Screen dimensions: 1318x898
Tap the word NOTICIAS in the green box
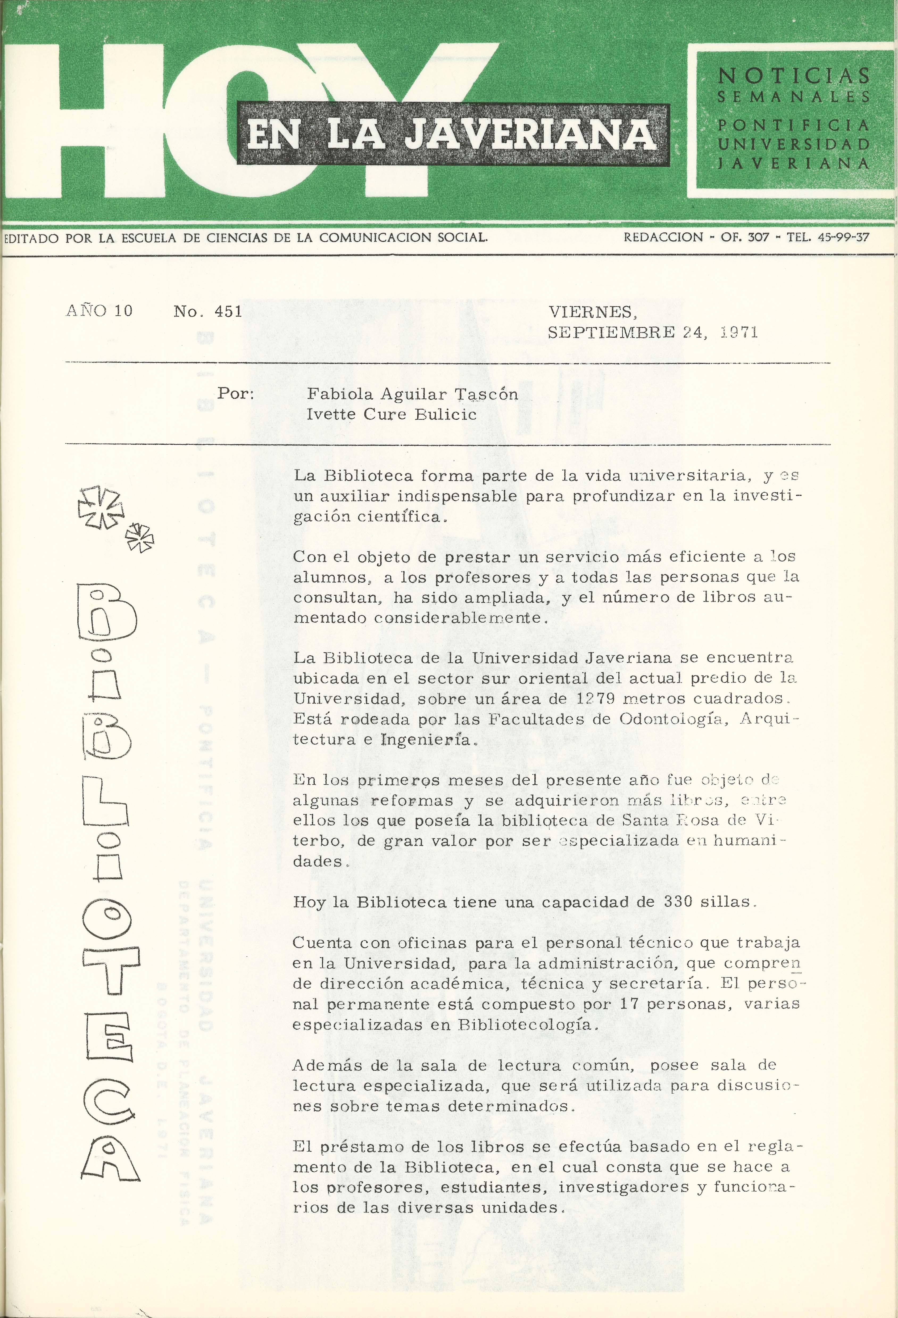794,75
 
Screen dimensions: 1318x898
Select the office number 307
758,237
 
